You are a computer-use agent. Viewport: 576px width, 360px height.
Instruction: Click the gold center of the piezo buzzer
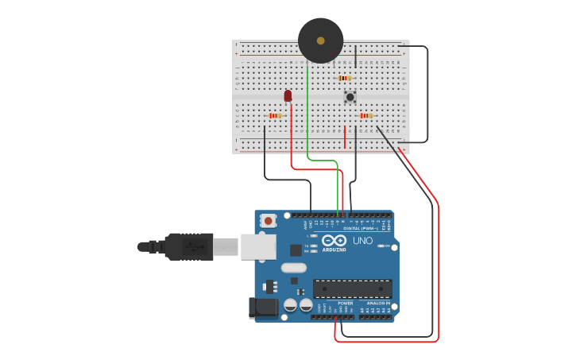(x=321, y=41)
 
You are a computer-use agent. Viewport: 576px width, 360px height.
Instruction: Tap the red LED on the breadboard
(x=288, y=96)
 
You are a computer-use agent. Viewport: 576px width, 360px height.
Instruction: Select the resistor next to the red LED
(x=275, y=116)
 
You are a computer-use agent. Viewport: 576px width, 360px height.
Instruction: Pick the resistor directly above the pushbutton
(x=344, y=78)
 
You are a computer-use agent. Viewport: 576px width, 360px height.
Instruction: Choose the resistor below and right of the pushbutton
(x=365, y=116)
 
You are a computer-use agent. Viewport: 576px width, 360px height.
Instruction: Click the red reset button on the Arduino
(x=269, y=221)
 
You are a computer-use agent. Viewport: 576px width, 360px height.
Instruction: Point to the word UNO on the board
(x=362, y=241)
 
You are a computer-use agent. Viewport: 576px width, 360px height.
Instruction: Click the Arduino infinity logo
(x=334, y=240)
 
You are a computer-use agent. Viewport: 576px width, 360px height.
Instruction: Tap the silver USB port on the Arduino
(x=258, y=246)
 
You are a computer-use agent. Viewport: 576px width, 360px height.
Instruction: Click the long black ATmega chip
(x=352, y=288)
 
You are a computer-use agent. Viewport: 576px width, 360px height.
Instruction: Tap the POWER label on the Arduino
(x=346, y=303)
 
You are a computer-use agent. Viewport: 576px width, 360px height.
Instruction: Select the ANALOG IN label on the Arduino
(x=377, y=303)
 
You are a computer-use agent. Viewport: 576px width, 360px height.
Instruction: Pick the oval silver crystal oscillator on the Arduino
(x=293, y=268)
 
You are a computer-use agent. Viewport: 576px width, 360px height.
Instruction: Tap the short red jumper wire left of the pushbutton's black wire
(x=345, y=137)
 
